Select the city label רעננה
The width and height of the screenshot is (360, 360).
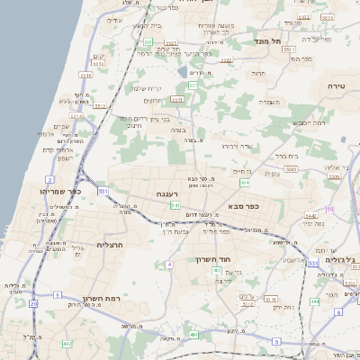167,193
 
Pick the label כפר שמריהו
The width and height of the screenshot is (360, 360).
60,192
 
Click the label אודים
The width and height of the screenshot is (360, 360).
114,20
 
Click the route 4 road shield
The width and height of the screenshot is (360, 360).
169,265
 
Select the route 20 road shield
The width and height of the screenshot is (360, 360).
33,304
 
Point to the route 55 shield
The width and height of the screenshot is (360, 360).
330,209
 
